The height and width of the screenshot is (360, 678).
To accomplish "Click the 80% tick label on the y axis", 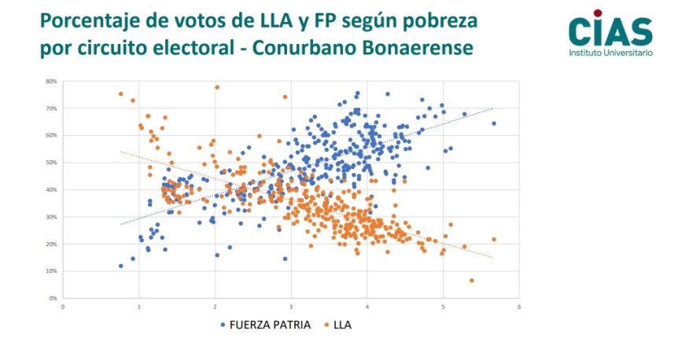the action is click(51, 81).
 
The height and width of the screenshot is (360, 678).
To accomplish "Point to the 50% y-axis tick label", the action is click(51, 163).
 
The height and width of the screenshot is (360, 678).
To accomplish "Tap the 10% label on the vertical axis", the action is click(51, 271).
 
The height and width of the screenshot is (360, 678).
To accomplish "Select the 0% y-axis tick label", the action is click(53, 298).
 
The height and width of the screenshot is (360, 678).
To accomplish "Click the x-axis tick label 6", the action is click(519, 307).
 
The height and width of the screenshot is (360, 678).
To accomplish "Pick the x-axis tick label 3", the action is click(291, 307).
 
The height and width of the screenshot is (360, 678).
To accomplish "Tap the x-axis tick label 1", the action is click(138, 307).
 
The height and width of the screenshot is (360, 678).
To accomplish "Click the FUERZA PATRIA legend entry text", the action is click(270, 325).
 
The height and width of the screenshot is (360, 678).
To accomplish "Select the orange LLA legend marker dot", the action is click(327, 325).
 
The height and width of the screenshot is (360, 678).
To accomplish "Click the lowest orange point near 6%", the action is click(471, 281).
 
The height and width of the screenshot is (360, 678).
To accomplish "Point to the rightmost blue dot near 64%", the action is click(494, 123).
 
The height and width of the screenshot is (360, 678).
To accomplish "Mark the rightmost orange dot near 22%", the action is click(494, 240).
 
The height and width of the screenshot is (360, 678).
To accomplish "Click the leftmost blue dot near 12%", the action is click(120, 266).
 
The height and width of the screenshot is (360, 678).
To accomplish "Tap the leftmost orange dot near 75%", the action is click(120, 94).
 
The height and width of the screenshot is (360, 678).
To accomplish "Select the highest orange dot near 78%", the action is click(217, 87).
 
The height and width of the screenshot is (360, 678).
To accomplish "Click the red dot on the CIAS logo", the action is click(598, 13).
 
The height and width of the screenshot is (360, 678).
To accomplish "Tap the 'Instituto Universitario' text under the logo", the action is click(610, 53).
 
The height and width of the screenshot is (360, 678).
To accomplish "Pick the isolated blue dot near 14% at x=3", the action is click(285, 259).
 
